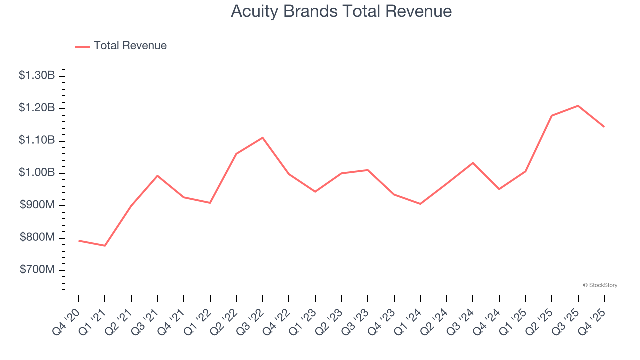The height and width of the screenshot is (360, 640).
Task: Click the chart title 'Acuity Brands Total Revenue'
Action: point(341,11)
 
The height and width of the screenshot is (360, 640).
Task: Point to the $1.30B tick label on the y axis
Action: point(37,76)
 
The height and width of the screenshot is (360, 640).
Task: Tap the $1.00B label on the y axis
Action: point(37,173)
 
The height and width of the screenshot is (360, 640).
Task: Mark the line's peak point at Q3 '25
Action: point(578,106)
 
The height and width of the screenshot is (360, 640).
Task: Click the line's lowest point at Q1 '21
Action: point(105,246)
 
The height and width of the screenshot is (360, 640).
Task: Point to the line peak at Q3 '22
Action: point(263,138)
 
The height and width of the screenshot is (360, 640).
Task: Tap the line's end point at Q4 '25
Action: point(604,127)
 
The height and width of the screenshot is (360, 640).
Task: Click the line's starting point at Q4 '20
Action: point(79,241)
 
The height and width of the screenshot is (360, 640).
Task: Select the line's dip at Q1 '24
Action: point(420,204)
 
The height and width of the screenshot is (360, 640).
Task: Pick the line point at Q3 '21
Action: point(157,176)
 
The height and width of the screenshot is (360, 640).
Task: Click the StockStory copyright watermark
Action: point(600,285)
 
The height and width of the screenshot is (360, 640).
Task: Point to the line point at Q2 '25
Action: point(552,116)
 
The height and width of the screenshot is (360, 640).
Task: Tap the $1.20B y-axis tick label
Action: point(37,108)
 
